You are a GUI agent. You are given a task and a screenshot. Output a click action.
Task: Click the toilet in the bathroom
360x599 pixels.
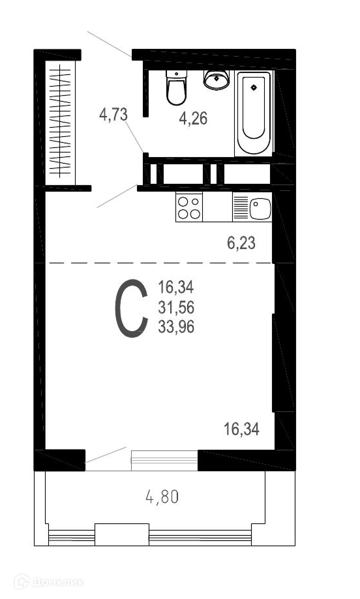[176, 87]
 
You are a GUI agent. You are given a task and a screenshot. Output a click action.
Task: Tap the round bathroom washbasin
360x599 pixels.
[217, 80]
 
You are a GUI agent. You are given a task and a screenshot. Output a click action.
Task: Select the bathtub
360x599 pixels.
[254, 113]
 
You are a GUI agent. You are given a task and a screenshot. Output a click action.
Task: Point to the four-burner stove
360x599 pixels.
[189, 207]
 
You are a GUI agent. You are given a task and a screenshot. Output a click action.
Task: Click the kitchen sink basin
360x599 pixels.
[260, 209]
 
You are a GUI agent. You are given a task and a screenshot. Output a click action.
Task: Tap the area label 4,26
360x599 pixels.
[194, 119]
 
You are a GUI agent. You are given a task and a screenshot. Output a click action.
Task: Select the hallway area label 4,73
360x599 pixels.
[113, 114]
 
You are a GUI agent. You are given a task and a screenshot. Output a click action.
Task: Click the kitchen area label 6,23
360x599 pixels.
[241, 243]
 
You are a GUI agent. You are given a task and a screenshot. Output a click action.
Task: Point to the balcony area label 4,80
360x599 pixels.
[162, 497]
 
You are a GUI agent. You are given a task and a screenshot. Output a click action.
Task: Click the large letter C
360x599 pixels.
[131, 308]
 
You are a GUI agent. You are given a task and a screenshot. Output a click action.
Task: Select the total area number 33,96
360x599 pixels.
[176, 327]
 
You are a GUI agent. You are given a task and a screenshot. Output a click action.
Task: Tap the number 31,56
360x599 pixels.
[176, 307]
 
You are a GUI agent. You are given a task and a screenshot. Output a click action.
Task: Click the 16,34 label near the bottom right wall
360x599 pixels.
[241, 429]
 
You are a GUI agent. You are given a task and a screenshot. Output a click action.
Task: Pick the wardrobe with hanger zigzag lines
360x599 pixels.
[61, 123]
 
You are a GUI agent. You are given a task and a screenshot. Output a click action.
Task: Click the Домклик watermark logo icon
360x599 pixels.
[22, 582]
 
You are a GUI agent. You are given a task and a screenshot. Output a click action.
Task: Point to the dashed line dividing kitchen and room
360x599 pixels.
[158, 263]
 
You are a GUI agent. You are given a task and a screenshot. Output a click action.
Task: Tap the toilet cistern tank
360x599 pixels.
[176, 75]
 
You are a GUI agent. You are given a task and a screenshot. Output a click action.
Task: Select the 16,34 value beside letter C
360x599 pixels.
[176, 287]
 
